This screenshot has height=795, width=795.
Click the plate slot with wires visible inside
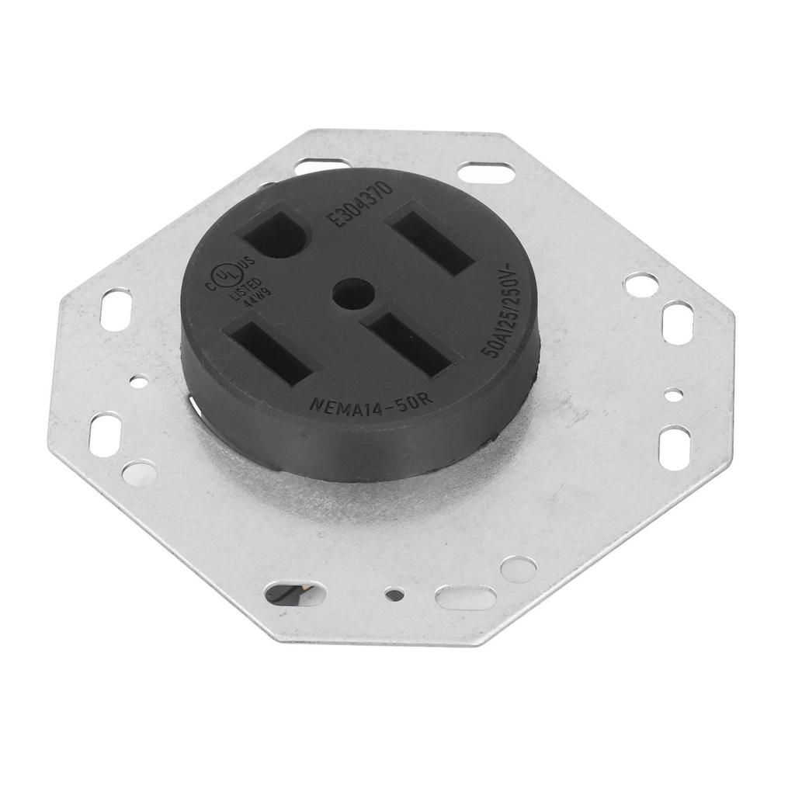point(284,595)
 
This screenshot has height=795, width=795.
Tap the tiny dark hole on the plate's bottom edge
point(395,595)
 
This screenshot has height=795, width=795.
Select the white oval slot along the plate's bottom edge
point(465,598)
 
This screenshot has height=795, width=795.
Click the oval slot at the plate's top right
point(485,172)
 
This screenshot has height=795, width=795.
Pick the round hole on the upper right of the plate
point(641,284)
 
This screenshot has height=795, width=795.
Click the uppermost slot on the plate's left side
point(116,310)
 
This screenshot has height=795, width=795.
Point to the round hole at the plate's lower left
point(139,472)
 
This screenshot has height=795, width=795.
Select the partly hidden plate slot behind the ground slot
point(321,165)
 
